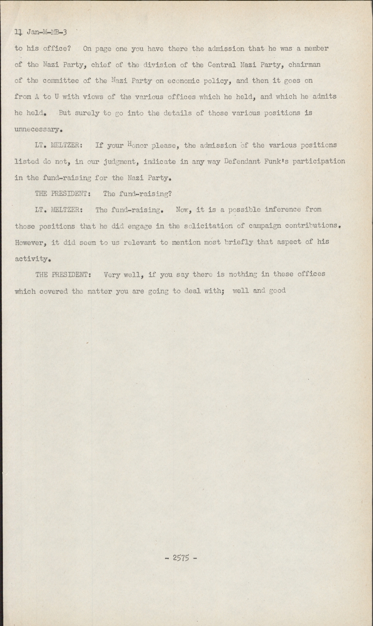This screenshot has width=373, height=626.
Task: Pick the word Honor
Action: point(135,146)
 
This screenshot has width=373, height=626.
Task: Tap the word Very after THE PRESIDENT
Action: point(112,275)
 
